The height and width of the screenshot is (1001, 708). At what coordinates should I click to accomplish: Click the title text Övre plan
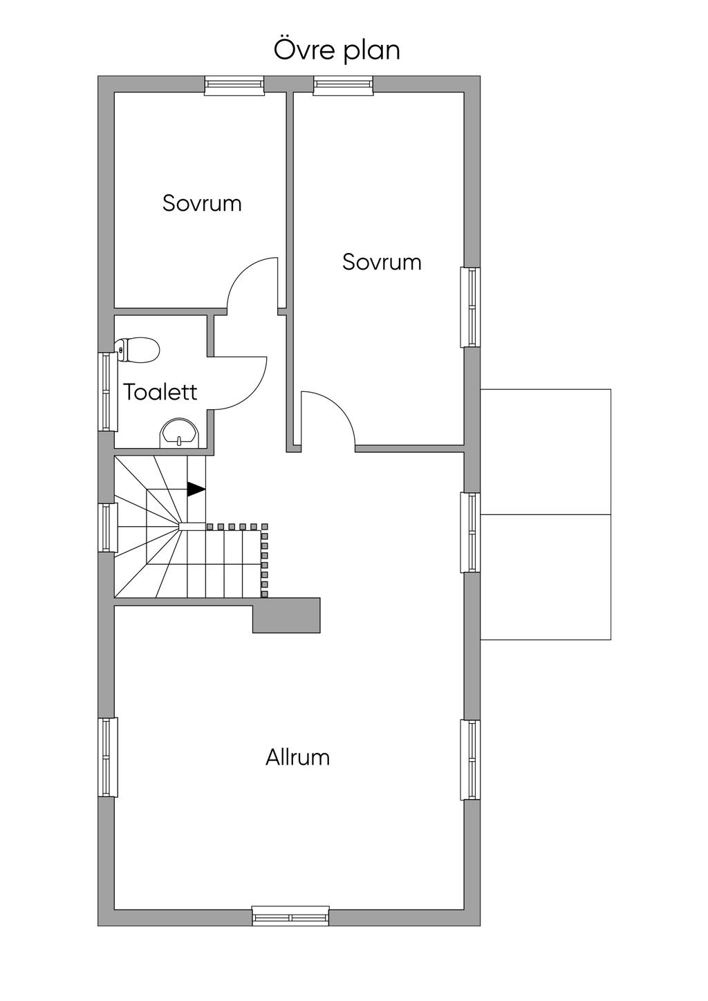coord(337,50)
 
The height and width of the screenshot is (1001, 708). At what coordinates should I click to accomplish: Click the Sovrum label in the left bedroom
coord(202,203)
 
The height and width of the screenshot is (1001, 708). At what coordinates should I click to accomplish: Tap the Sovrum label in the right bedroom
coord(382,262)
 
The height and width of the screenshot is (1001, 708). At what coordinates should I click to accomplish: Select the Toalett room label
coord(160,392)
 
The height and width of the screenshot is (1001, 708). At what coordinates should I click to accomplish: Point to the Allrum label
coord(297,758)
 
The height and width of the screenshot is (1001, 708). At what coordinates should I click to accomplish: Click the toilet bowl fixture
coord(138,350)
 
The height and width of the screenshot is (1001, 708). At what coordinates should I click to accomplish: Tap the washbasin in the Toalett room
coord(180,433)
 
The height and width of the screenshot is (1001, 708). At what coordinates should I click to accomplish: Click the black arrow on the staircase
coord(196,489)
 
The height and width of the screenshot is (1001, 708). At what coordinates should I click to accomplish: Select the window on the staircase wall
coord(106,527)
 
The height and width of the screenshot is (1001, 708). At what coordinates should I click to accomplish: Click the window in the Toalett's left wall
coord(106,391)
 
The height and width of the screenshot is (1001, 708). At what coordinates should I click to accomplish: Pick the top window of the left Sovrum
coord(234,85)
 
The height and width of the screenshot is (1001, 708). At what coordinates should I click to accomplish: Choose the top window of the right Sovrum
coord(344,85)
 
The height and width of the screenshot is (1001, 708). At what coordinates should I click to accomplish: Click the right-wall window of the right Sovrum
coord(471,307)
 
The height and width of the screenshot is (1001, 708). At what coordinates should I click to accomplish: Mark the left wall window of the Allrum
coord(106,757)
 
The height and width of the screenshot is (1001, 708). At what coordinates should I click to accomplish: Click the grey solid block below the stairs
coord(286,615)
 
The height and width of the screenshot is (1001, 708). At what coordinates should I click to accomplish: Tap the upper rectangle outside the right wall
coord(546,451)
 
